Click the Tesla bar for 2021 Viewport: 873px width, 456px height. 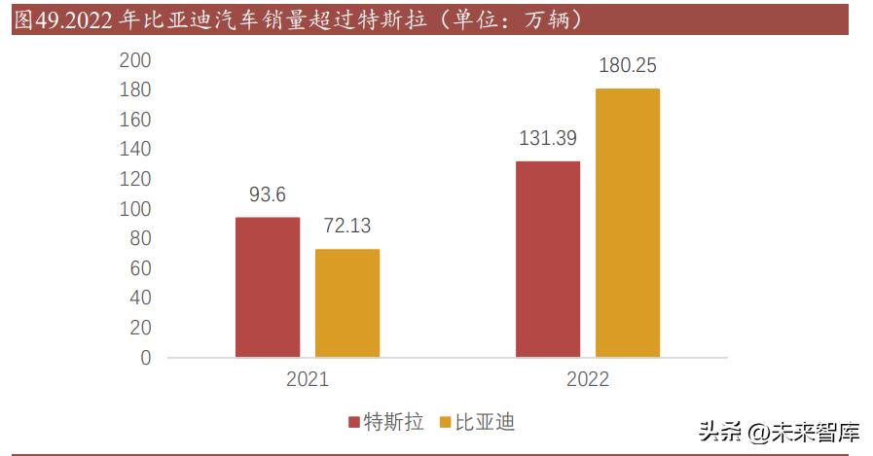pyautogui.click(x=268, y=287)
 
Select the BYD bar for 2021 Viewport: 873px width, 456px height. pyautogui.click(x=347, y=303)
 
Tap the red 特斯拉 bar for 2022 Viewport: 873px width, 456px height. pyautogui.click(x=548, y=259)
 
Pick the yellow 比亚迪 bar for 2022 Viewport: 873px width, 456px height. pyautogui.click(x=628, y=223)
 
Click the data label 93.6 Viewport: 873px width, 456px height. pyautogui.click(x=268, y=195)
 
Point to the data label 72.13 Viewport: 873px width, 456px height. pyautogui.click(x=346, y=227)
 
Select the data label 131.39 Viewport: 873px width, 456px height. pyautogui.click(x=548, y=138)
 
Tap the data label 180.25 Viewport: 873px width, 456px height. pyautogui.click(x=628, y=66)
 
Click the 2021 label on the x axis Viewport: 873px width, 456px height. pyautogui.click(x=308, y=380)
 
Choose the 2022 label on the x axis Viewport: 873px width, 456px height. pyautogui.click(x=588, y=380)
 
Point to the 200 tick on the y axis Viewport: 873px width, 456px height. pyautogui.click(x=134, y=60)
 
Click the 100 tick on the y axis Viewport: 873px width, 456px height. pyautogui.click(x=134, y=209)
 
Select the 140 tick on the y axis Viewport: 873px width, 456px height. pyautogui.click(x=134, y=150)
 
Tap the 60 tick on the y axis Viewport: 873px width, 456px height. pyautogui.click(x=140, y=268)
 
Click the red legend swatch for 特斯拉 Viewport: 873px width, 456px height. pyautogui.click(x=354, y=423)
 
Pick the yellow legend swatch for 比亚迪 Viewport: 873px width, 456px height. pyautogui.click(x=446, y=423)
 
